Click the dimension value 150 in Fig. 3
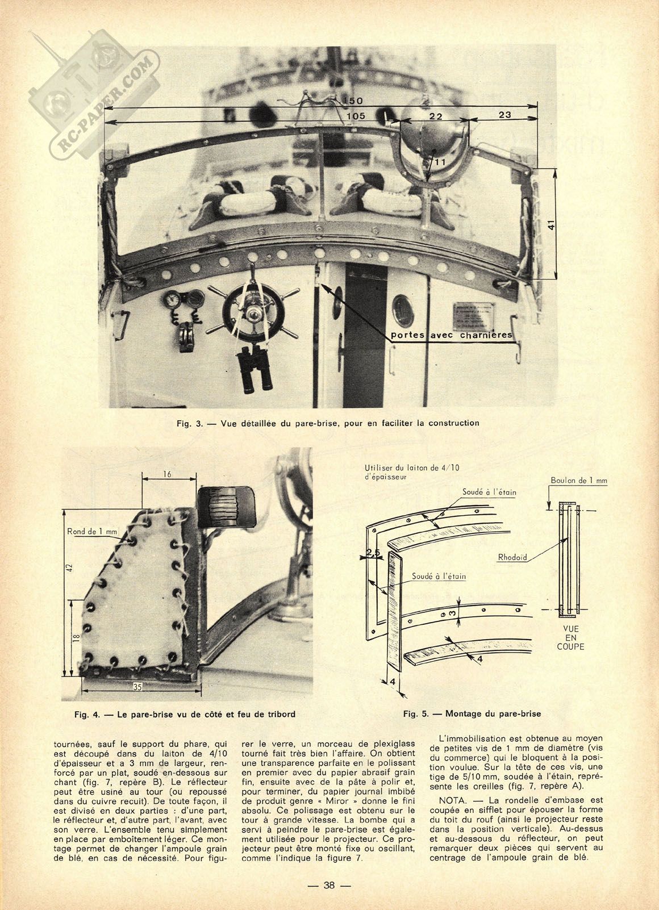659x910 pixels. [353, 101]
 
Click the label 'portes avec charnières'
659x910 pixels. [452, 335]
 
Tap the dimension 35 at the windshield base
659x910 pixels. [137, 687]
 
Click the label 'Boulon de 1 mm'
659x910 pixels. [579, 481]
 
